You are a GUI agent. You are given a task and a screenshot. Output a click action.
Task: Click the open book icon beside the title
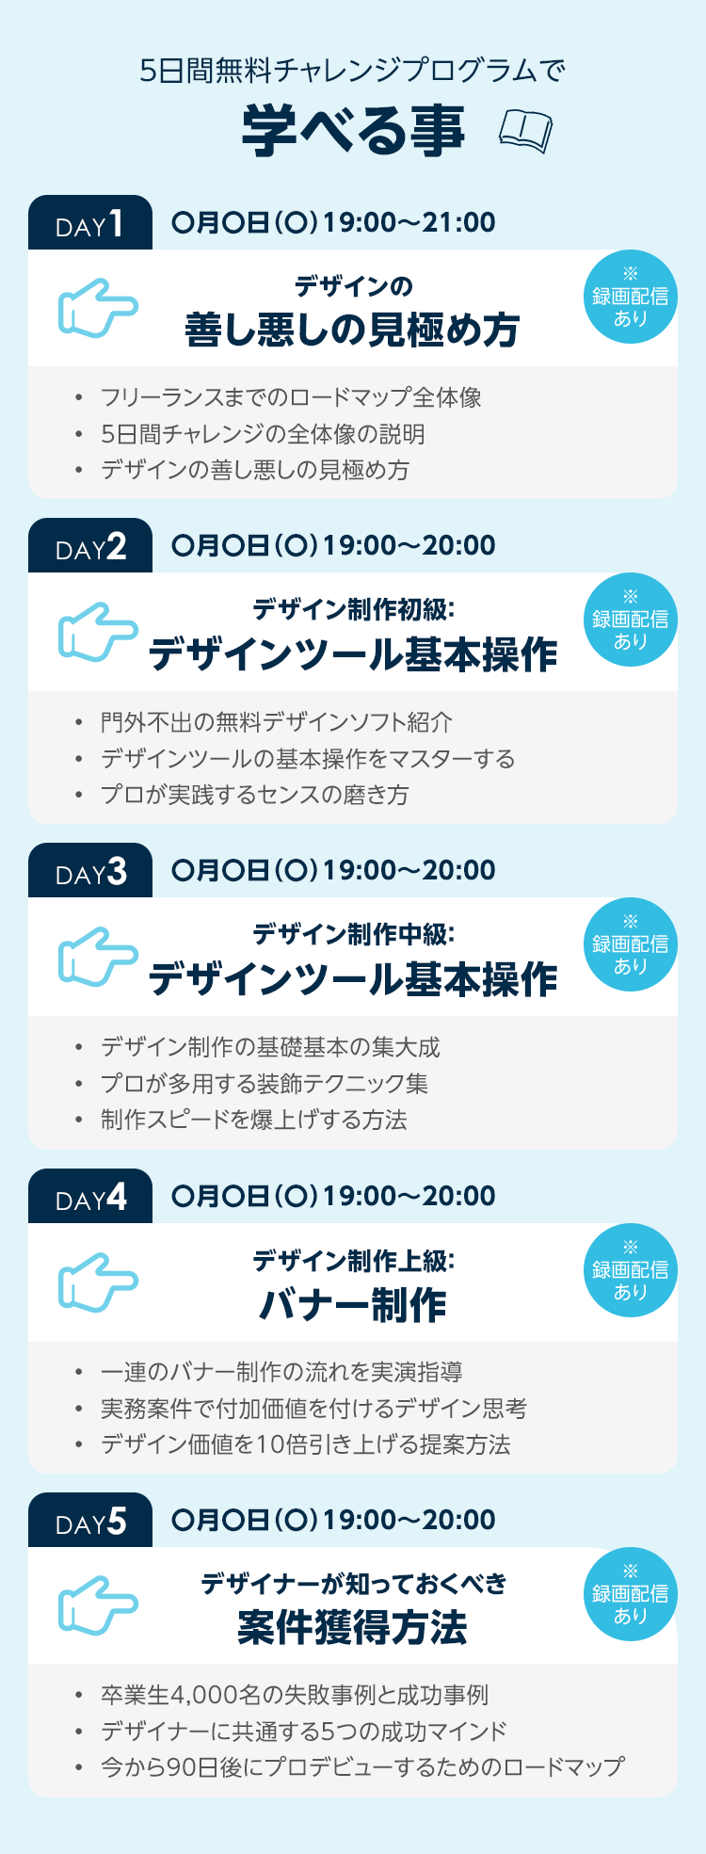coord(525,131)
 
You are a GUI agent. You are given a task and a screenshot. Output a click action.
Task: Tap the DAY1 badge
coord(90,224)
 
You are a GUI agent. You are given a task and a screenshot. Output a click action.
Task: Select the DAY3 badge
coord(90,872)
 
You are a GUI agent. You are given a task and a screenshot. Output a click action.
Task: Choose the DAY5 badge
coord(90,1522)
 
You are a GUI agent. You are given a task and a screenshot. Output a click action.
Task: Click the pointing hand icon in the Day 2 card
coord(98,631)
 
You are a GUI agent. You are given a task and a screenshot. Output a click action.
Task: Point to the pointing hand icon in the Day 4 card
coord(98,1282)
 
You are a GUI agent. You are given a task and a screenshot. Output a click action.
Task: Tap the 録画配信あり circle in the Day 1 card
coord(630,298)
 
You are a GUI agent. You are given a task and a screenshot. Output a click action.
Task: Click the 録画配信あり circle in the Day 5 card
coord(630,1594)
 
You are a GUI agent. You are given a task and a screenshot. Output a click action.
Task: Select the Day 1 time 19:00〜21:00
coord(409,223)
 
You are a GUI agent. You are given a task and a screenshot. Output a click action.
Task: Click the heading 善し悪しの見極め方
coord(352,330)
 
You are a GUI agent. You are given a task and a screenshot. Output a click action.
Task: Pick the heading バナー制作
coord(352,1305)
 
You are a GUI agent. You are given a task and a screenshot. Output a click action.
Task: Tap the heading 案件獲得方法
coord(352,1627)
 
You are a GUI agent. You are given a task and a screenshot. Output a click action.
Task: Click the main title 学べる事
coord(354,131)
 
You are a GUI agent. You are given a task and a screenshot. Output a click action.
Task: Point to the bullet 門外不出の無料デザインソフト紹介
coord(277,722)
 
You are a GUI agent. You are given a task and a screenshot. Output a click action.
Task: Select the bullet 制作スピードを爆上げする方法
coord(254,1120)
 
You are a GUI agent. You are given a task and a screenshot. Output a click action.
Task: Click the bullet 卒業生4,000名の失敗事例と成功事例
coord(295,1695)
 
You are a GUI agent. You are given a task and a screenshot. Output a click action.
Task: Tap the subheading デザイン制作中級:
coord(353,934)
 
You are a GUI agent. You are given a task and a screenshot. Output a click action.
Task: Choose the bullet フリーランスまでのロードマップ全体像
coord(291,397)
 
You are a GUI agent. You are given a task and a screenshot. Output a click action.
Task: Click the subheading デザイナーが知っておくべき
coord(353,1584)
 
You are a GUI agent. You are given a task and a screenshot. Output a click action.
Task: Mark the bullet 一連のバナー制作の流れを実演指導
coord(281,1372)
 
